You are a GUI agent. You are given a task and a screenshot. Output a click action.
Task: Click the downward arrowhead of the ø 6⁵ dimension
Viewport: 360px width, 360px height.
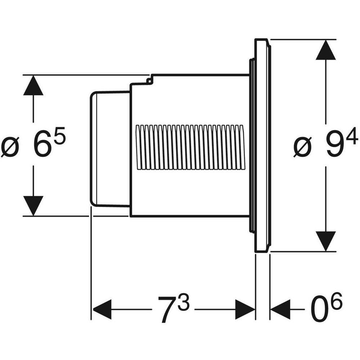click(x=33, y=206)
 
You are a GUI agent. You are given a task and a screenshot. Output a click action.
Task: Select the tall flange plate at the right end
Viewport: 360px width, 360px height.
click(x=262, y=146)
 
